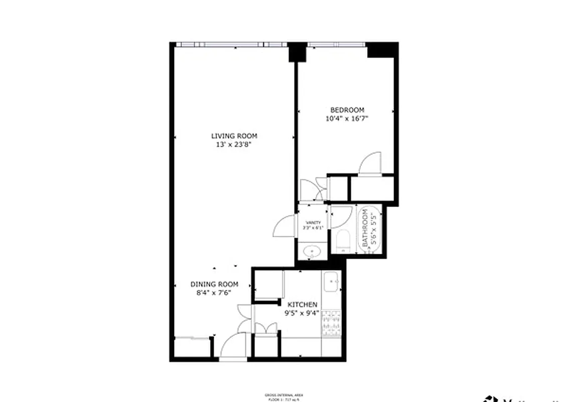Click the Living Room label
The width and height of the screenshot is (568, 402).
(x=234, y=136)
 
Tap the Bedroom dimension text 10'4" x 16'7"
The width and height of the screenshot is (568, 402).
(x=347, y=119)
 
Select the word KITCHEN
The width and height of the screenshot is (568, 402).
(x=302, y=305)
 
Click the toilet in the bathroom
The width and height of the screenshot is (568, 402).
(x=343, y=241)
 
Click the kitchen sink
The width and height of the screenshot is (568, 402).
(x=332, y=282)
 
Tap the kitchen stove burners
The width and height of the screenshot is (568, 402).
(x=331, y=323)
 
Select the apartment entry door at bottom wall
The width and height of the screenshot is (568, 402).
(x=233, y=347)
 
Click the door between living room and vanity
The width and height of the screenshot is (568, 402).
(x=284, y=226)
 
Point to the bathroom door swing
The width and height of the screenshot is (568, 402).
(x=341, y=216)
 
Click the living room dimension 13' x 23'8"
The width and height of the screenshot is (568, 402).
(x=234, y=145)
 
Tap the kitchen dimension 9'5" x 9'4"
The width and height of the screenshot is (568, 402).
(x=302, y=313)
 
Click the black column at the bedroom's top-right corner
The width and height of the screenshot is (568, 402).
(x=382, y=50)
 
